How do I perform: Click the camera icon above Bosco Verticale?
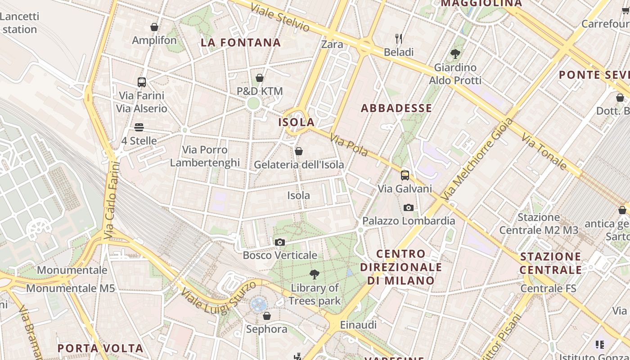coord(279,243)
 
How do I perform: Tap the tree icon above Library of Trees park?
coord(315,274)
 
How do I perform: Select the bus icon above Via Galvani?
coord(405,175)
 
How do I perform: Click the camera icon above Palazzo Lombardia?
coord(409,207)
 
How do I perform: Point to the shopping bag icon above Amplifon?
coord(154,27)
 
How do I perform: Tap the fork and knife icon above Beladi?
coord(399,38)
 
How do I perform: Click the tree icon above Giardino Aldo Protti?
coord(455,54)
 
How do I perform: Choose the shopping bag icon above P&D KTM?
coord(260,78)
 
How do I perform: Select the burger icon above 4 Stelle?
coord(139,127)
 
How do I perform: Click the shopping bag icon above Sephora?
coord(267,316)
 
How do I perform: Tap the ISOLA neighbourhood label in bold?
coord(297,122)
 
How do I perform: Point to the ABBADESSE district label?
coord(396,108)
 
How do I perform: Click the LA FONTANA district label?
coord(241,43)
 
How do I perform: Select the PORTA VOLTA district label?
coord(101,348)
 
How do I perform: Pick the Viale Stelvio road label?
coord(280,18)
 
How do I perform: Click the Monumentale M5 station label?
coord(71,288)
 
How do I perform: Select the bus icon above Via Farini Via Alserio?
coord(142,82)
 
